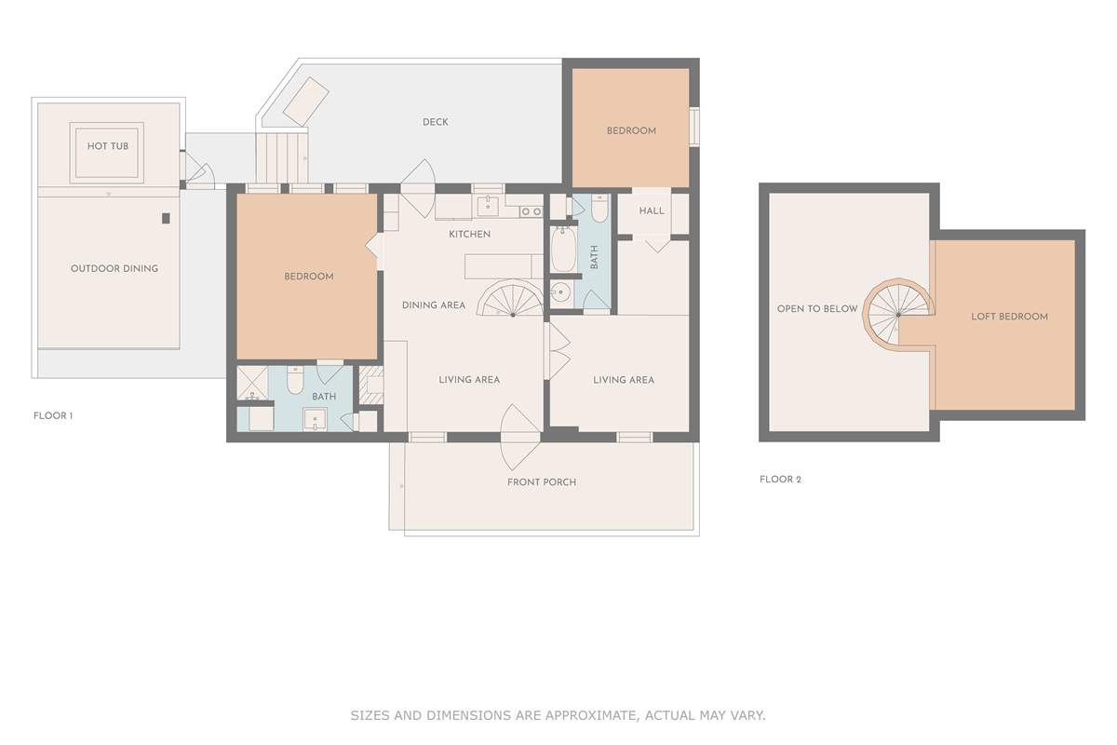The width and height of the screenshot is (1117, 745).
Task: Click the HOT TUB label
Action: [108, 146]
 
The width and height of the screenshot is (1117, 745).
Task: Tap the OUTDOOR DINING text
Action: [114, 268]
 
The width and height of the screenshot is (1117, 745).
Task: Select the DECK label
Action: [435, 122]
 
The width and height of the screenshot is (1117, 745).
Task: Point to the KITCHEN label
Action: [469, 234]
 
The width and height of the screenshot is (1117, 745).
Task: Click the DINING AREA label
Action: [433, 305]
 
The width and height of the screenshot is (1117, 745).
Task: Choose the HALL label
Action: [652, 210]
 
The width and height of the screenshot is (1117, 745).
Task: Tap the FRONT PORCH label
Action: [541, 481]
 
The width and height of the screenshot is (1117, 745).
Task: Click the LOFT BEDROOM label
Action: [1009, 317]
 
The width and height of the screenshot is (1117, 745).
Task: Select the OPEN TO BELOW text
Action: [817, 308]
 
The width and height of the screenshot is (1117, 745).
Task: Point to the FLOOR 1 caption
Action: [52, 415]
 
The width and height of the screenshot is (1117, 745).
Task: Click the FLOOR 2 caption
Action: [780, 480]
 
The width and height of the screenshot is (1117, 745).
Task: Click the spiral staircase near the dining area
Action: [511, 300]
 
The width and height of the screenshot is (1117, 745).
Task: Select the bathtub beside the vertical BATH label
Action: [563, 248]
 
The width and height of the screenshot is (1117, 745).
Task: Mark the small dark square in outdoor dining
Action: [166, 218]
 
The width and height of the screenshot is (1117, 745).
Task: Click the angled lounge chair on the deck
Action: [305, 100]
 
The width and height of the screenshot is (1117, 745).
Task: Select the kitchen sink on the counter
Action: [487, 206]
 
